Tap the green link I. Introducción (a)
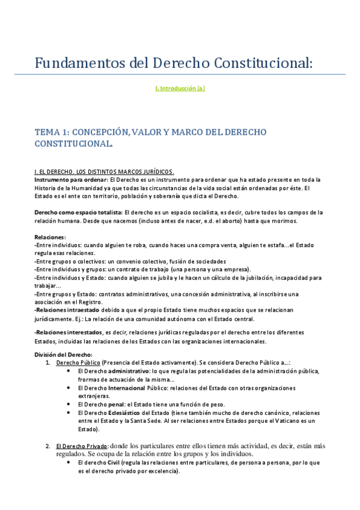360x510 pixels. pyautogui.click(x=180, y=88)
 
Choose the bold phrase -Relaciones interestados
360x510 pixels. pyautogui.click(x=69, y=333)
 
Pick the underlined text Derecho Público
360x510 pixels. pyautogui.click(x=78, y=363)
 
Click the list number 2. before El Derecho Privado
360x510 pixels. pyautogui.click(x=48, y=446)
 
